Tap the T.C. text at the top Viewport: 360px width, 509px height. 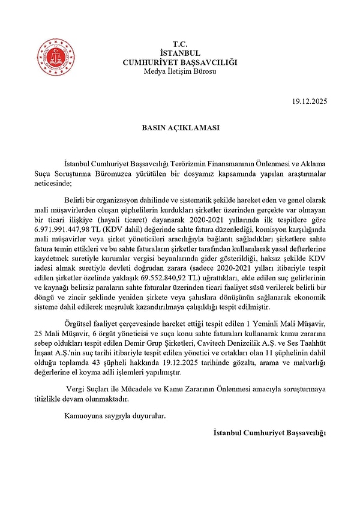tap(180, 44)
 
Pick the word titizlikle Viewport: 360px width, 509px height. tap(50, 399)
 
